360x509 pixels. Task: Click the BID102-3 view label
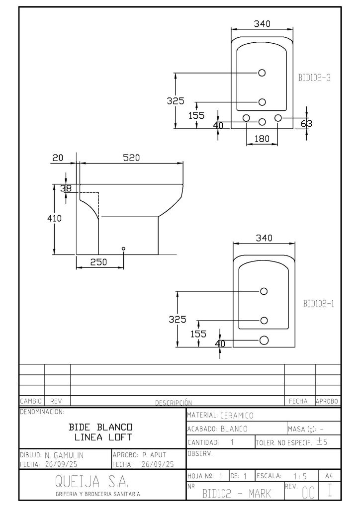[x=314, y=77]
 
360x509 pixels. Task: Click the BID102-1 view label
[x=318, y=304]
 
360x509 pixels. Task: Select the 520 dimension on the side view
[x=132, y=158]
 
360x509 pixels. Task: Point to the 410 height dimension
[x=58, y=218]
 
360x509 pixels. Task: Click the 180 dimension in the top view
[x=262, y=139]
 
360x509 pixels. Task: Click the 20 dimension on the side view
[x=58, y=158]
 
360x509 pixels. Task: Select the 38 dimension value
[x=66, y=188]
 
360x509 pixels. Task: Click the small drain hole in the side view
[x=124, y=248]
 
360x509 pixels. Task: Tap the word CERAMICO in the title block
[x=237, y=415]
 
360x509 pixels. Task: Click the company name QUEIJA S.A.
[x=92, y=481]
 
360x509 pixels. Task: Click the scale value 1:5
[x=301, y=476]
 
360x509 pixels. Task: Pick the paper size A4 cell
[x=329, y=476]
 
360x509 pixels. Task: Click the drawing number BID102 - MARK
[x=237, y=493]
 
